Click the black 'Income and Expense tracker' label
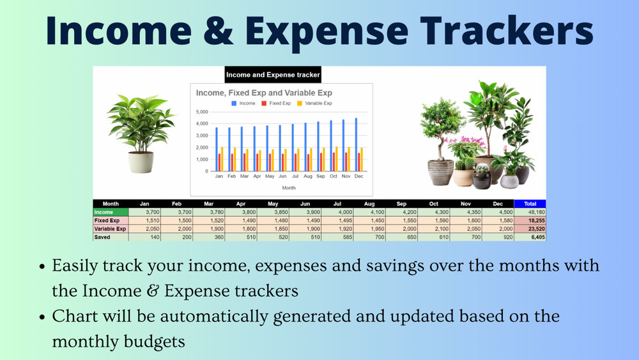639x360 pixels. tap(273, 75)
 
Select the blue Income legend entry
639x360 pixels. tap(243, 103)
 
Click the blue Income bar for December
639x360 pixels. tap(356, 145)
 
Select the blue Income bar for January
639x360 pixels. tap(217, 149)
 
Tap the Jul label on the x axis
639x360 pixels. tap(295, 176)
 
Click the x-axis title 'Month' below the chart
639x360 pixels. tap(289, 188)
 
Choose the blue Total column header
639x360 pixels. tap(530, 203)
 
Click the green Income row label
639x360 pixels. tap(111, 212)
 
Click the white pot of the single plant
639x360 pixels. tap(141, 162)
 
